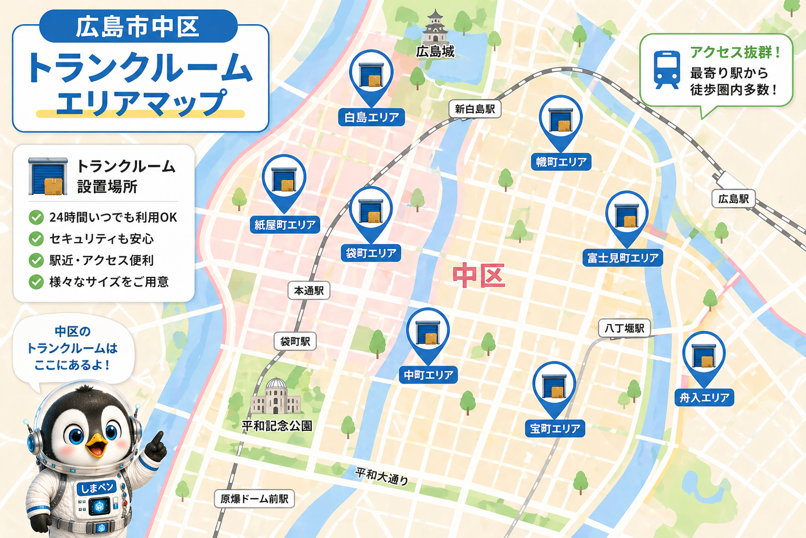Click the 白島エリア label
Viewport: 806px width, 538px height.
click(372, 117)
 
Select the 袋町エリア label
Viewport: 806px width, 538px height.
click(371, 253)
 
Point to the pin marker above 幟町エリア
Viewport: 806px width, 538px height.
click(561, 118)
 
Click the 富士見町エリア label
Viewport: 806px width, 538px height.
click(623, 258)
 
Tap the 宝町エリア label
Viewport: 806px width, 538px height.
click(555, 429)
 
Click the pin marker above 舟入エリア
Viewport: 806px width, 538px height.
click(704, 355)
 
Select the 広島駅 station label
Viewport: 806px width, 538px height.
click(733, 199)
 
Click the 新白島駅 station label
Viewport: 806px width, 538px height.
click(475, 109)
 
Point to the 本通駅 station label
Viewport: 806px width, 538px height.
click(309, 291)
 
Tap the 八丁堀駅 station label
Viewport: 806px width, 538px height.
click(624, 328)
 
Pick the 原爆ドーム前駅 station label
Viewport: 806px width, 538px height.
click(254, 499)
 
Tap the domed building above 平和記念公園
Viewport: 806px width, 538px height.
click(276, 396)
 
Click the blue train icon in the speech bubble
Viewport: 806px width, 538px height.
click(666, 69)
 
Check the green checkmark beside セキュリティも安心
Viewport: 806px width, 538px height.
click(36, 239)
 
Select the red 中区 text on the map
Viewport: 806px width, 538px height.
click(479, 275)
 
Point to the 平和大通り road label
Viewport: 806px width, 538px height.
click(381, 476)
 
